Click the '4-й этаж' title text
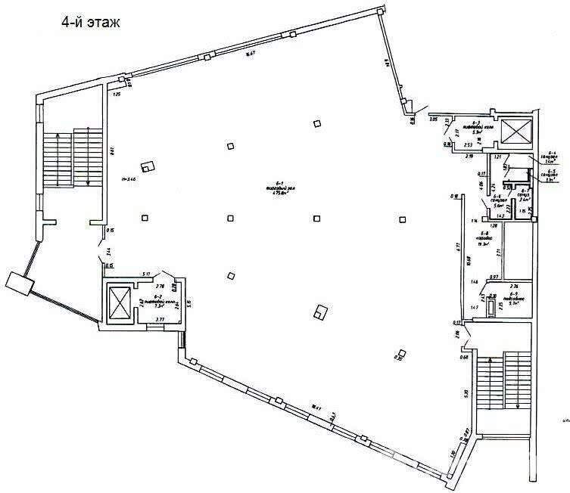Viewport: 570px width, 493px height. pos(90,23)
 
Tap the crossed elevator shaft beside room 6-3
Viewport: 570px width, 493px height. pos(517,132)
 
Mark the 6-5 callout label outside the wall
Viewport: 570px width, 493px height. pos(552,175)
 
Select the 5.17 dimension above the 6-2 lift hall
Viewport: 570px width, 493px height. pos(149,274)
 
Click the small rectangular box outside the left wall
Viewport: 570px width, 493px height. pos(17,283)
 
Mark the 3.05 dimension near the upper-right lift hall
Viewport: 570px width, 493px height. pos(434,119)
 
